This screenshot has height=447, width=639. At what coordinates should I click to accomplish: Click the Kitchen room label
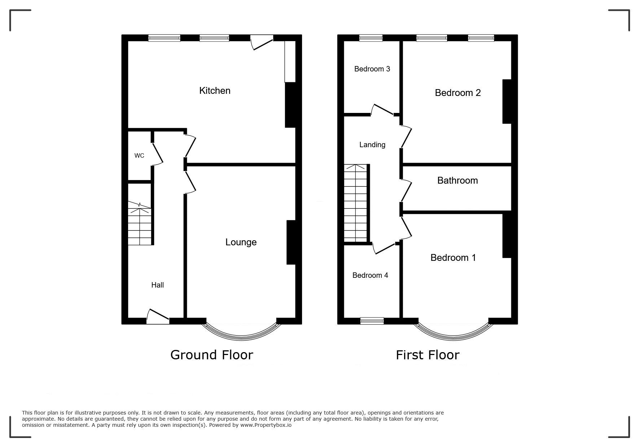tap(215, 91)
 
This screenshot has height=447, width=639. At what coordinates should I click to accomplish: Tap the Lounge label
tap(241, 242)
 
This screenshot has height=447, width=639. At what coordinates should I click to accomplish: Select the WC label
tap(139, 156)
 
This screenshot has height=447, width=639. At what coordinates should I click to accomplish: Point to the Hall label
tap(158, 285)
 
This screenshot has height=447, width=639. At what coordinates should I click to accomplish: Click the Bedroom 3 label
tap(372, 69)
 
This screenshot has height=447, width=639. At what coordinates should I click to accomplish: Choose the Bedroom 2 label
tap(458, 93)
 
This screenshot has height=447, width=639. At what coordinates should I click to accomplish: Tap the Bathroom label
tap(458, 180)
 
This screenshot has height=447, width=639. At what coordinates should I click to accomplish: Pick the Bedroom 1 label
tap(453, 258)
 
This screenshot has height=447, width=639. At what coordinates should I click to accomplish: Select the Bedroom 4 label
tap(370, 275)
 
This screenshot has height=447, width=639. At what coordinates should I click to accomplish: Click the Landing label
tap(372, 145)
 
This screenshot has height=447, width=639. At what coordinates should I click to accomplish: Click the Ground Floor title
tap(212, 355)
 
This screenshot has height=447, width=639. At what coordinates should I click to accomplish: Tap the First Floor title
tap(428, 355)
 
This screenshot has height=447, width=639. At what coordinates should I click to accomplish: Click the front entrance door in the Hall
tap(158, 317)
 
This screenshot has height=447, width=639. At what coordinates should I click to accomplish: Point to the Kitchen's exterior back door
tap(262, 42)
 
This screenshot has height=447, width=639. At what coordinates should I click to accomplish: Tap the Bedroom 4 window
tap(372, 321)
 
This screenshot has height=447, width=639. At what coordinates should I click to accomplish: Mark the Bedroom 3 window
tap(371, 38)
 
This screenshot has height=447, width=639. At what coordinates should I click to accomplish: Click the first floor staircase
tap(356, 203)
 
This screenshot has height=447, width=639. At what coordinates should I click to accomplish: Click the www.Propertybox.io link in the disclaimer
tap(266, 425)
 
